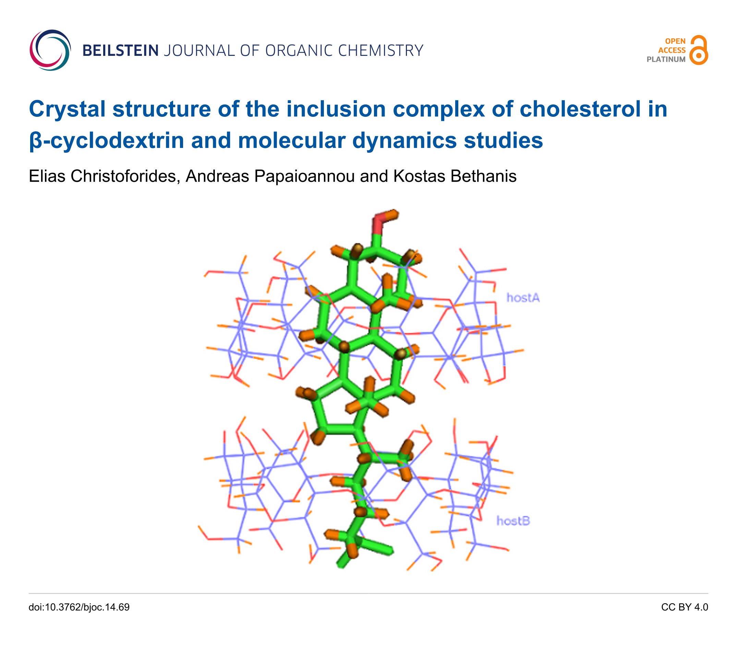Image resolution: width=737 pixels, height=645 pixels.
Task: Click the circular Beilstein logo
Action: click(50, 50)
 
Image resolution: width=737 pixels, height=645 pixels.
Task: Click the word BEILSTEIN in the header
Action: click(120, 51)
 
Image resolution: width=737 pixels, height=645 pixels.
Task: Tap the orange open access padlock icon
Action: click(699, 50)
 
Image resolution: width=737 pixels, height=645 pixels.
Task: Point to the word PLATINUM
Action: click(666, 60)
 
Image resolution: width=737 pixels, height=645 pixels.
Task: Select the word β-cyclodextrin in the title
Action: click(107, 140)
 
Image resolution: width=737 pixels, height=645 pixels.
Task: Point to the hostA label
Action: click(523, 298)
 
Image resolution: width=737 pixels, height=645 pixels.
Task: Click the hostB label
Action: click(513, 521)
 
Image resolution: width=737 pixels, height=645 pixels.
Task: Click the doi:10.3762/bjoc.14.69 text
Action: click(79, 607)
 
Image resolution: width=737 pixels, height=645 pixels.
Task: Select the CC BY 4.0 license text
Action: click(685, 607)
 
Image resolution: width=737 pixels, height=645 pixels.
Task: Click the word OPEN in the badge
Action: click(675, 41)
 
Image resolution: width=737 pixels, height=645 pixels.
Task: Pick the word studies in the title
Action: click(503, 140)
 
